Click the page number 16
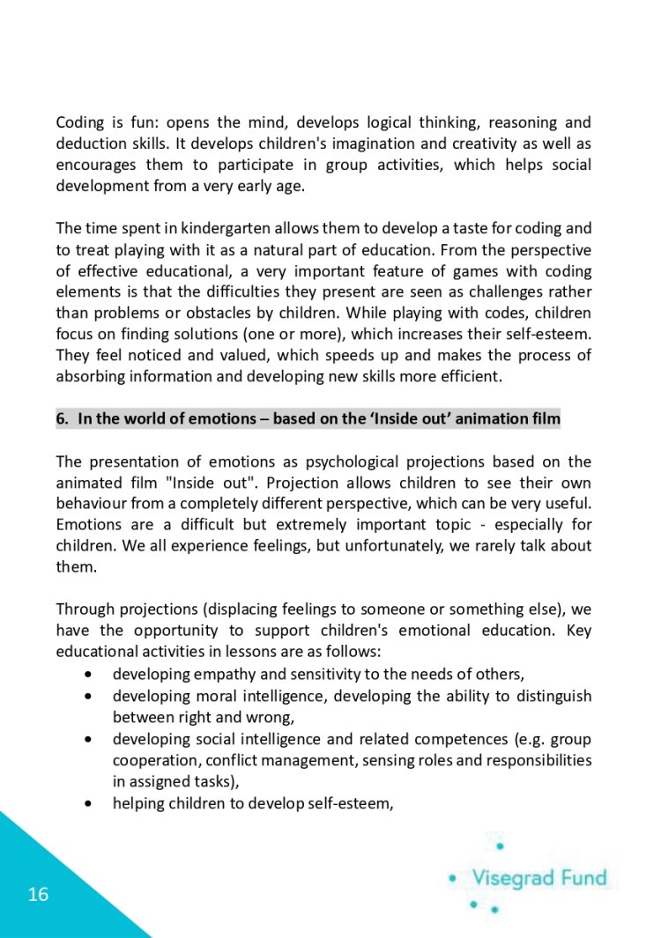coord(38,895)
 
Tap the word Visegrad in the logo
coord(515,877)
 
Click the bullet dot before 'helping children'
coord(90,801)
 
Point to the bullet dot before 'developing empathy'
coord(90,675)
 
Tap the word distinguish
coord(551,696)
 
